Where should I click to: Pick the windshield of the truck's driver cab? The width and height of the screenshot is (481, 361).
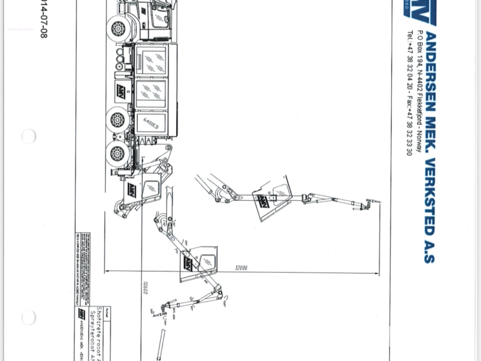coord(158,17)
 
